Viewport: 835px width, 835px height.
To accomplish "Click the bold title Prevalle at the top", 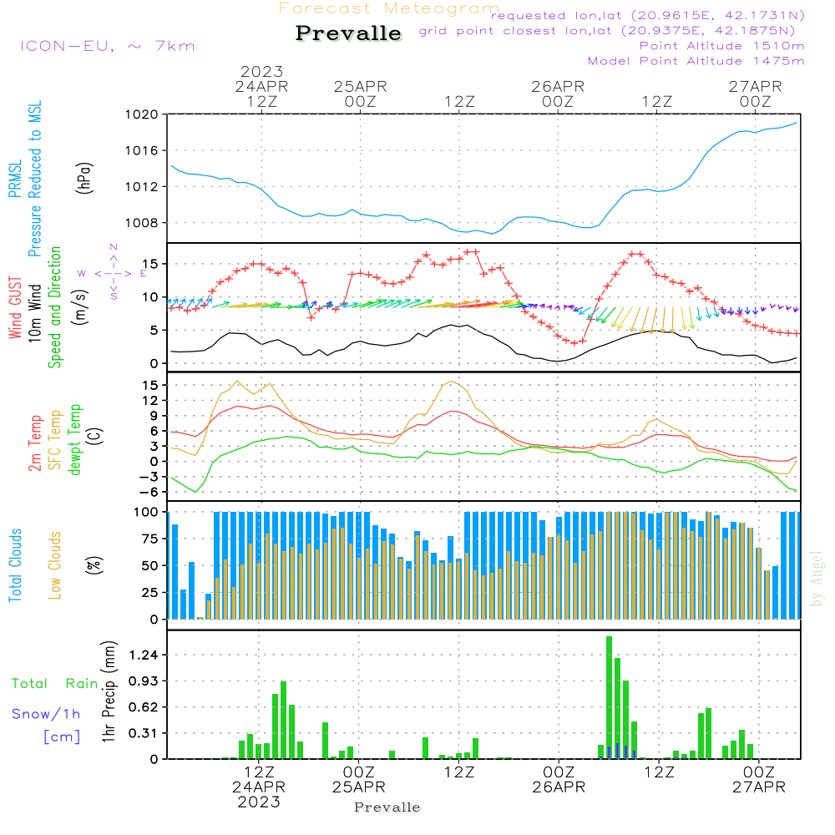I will tap(348, 34).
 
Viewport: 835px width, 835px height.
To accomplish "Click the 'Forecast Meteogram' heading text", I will tap(389, 8).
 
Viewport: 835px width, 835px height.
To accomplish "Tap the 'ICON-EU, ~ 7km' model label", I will tap(107, 45).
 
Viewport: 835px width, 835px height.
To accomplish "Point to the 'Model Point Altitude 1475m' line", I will tap(696, 61).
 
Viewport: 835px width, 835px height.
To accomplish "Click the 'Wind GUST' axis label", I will tap(15, 309).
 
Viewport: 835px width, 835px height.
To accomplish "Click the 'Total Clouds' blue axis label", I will tap(15, 565).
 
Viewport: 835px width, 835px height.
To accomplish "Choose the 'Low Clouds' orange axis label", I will tap(55, 565).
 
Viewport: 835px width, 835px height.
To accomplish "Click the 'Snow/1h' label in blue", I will tap(46, 714).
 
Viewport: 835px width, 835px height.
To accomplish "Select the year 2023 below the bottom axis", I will tap(259, 801).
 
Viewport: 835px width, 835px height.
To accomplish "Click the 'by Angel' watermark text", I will tap(817, 579).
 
